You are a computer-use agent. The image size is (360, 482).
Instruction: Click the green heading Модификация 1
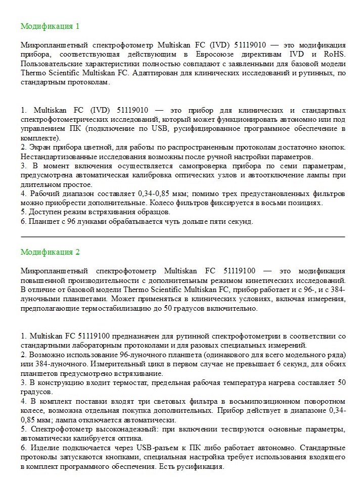(x=50, y=26)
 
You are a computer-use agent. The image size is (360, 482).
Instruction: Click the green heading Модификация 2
(x=50, y=252)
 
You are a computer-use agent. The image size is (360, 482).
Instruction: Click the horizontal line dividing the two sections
(x=183, y=236)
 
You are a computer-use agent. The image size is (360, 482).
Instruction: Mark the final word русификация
(x=197, y=466)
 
